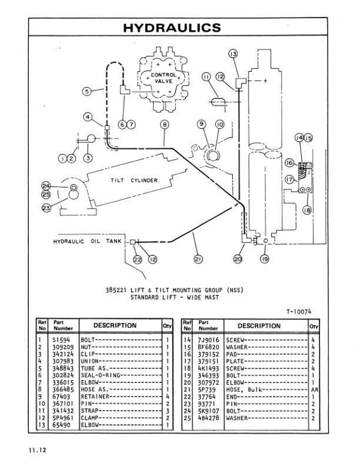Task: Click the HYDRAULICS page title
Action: point(172,28)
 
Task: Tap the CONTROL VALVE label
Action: point(163,78)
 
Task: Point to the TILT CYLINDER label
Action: point(134,180)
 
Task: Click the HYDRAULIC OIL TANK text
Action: point(86,242)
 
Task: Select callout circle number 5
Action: point(86,91)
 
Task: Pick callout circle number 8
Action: point(164,124)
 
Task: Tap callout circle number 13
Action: point(233,54)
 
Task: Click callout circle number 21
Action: point(194,257)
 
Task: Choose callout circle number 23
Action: point(46,207)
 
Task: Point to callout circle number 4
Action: point(88,117)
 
